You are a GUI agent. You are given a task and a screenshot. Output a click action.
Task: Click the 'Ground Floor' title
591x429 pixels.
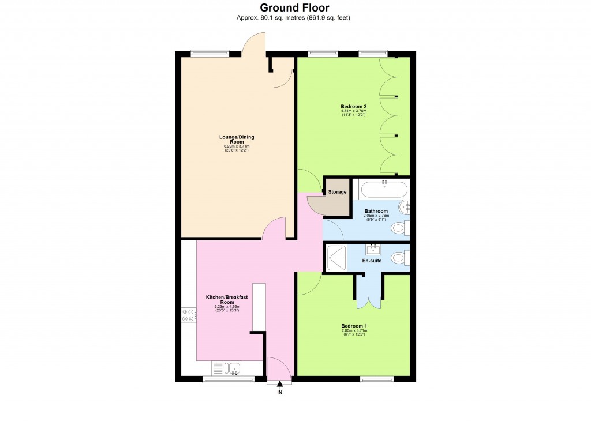[x=295, y=7]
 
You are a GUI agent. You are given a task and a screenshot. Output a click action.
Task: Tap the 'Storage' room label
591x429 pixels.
[x=337, y=192]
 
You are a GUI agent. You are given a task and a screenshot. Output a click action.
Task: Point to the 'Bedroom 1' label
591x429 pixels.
[x=354, y=326]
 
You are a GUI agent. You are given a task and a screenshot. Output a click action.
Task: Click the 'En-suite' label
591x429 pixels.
[x=372, y=261]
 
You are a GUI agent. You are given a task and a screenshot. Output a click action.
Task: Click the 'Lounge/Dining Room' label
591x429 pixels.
[x=236, y=139]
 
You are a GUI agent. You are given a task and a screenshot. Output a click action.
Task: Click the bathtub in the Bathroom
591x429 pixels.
[x=384, y=189]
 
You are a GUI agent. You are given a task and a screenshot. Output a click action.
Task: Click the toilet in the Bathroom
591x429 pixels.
[x=398, y=229]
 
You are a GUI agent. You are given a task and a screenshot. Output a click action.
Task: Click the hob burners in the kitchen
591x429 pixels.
[x=188, y=315]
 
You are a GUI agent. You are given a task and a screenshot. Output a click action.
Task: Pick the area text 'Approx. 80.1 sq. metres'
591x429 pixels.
[x=268, y=18]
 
